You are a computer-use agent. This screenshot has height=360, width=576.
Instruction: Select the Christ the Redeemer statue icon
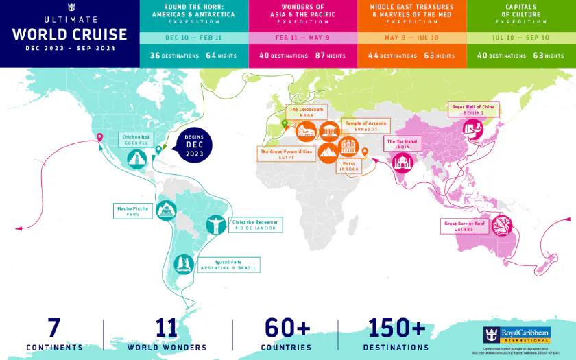coord(215,224)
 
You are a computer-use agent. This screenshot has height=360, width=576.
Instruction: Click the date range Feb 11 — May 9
coord(302,38)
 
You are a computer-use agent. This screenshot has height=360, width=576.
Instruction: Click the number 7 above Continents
coord(55,328)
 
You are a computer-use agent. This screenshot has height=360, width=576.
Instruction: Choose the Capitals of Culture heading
coord(520,10)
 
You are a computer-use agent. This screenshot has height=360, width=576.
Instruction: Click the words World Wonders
coord(167,347)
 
